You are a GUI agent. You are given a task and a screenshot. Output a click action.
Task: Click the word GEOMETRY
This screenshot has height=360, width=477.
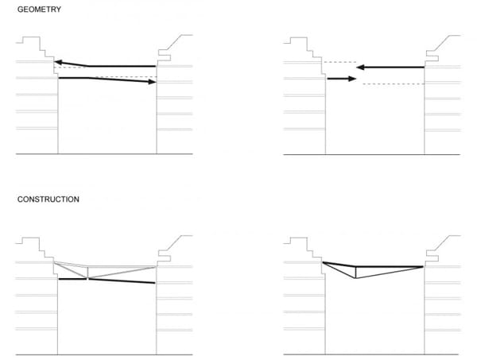(39, 10)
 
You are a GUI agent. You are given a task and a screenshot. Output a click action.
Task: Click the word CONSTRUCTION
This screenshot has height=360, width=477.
(48, 199)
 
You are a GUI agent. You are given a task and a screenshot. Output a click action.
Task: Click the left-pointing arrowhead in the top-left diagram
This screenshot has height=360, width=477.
(59, 63)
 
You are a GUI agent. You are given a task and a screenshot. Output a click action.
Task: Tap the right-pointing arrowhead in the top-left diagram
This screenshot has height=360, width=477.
(152, 82)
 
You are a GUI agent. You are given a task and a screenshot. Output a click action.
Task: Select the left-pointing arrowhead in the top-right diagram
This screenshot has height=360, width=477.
(360, 68)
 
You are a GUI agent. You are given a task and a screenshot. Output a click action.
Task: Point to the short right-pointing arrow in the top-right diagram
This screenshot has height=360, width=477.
(341, 79)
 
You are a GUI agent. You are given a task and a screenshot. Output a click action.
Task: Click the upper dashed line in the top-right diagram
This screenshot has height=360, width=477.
(339, 62)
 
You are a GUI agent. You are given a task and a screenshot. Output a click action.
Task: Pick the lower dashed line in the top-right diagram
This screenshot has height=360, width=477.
(394, 83)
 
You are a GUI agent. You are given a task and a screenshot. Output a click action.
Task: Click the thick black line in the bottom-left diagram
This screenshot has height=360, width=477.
(107, 281)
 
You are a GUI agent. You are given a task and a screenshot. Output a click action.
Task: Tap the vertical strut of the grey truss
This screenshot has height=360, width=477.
(87, 273)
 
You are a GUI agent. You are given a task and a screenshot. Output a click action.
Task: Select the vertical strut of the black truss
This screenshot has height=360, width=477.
(355, 273)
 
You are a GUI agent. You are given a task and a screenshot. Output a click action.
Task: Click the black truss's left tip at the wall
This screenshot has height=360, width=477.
(323, 262)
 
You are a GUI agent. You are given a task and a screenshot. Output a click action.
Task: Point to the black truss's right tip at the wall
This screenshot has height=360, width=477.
(423, 267)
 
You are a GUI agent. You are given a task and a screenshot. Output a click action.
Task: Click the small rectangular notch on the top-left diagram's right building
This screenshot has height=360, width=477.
(165, 58)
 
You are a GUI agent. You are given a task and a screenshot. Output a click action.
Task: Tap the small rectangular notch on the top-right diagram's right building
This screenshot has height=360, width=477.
(432, 58)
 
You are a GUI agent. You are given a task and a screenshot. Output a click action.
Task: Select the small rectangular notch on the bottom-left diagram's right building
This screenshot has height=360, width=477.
(165, 258)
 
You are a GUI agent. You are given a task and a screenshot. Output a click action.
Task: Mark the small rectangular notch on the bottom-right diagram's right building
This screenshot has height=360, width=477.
(432, 258)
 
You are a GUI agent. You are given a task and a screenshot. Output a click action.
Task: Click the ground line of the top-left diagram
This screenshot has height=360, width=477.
(104, 154)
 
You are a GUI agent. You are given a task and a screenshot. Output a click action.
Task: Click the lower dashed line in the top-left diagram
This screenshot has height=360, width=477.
(126, 77)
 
